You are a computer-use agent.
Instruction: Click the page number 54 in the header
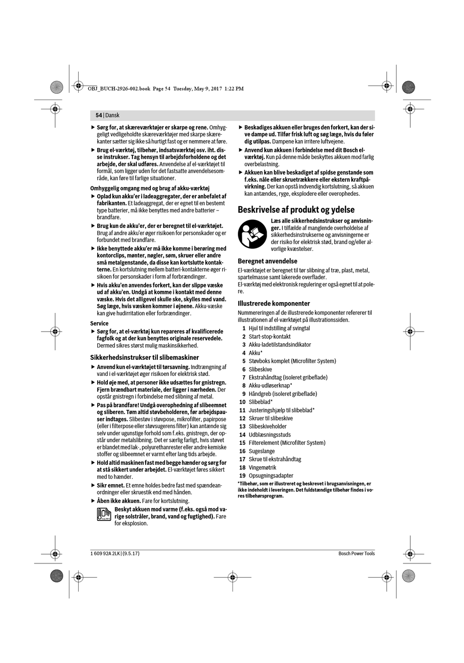pyautogui.click(x=99, y=115)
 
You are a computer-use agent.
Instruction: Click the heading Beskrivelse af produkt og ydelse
pyautogui.click(x=296, y=209)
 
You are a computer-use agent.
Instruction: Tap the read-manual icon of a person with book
pyautogui.click(x=253, y=234)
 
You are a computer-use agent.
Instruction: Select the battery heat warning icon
pyautogui.click(x=104, y=515)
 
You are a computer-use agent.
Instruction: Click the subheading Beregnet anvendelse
pyautogui.click(x=267, y=261)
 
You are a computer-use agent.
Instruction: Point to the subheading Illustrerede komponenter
pyautogui.click(x=274, y=303)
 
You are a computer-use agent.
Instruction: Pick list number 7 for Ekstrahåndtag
pyautogui.click(x=243, y=377)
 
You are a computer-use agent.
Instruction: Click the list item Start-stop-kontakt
pyautogui.click(x=269, y=336)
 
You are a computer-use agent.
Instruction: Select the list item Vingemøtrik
pyautogui.click(x=262, y=467)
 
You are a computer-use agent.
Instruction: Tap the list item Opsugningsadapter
pyautogui.click(x=271, y=476)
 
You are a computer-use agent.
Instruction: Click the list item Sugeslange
pyautogui.click(x=261, y=451)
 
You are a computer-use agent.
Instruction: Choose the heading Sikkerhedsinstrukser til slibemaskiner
pyautogui.click(x=144, y=357)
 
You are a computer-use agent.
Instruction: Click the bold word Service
pyautogui.click(x=99, y=323)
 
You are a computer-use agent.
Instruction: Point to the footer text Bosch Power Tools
pyautogui.click(x=356, y=553)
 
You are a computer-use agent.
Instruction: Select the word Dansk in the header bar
pyautogui.click(x=112, y=115)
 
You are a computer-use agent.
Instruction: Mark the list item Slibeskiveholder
pyautogui.click(x=267, y=426)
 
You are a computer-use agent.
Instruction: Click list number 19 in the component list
pyautogui.click(x=242, y=476)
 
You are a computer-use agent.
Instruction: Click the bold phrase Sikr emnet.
pyautogui.click(x=110, y=485)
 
